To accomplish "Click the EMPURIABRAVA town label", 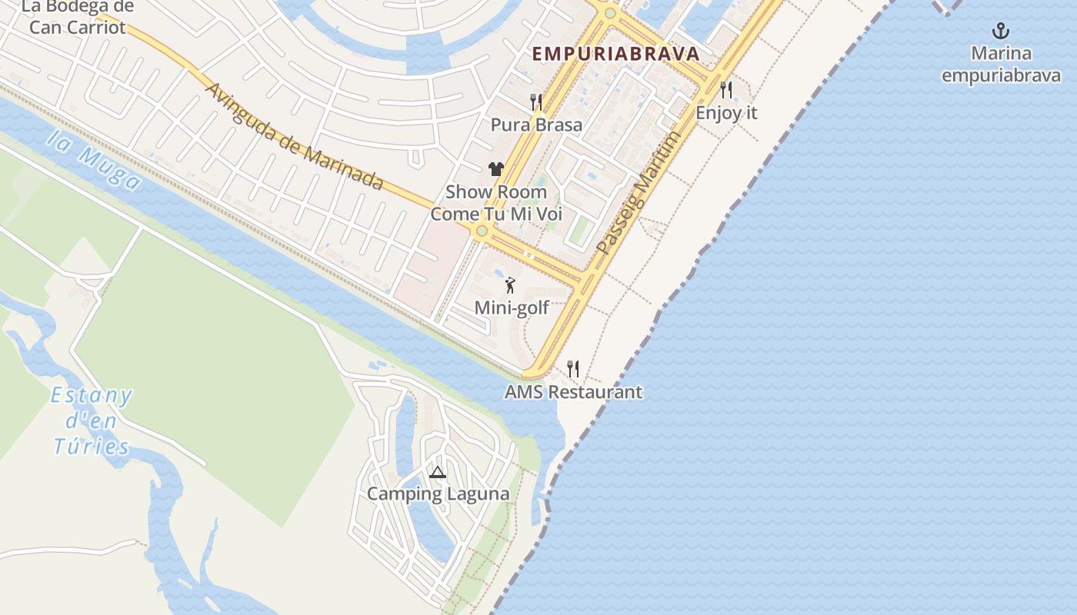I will coord(615,54).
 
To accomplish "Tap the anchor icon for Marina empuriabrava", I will coord(1000,32).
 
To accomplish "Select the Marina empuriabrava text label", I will coord(1001,65).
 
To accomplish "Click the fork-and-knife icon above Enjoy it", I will coord(726,90).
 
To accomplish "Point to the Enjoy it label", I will coord(726,113).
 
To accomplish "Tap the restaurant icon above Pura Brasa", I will coord(536,101).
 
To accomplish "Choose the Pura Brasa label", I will coord(536,125).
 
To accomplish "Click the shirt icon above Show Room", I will coord(495,169).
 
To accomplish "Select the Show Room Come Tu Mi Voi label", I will coord(496,203).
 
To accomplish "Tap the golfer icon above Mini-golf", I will coord(510,286).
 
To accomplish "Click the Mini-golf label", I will coord(512,308).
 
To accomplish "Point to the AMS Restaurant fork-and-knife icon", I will coord(572,369).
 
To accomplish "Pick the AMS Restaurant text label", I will coord(573,392).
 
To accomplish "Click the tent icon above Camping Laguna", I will coord(438,472).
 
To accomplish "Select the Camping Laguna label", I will coord(438,494).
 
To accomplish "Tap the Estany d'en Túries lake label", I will coord(92,421).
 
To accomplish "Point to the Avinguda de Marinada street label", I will coord(294,135).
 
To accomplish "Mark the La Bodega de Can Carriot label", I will coord(77,17).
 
